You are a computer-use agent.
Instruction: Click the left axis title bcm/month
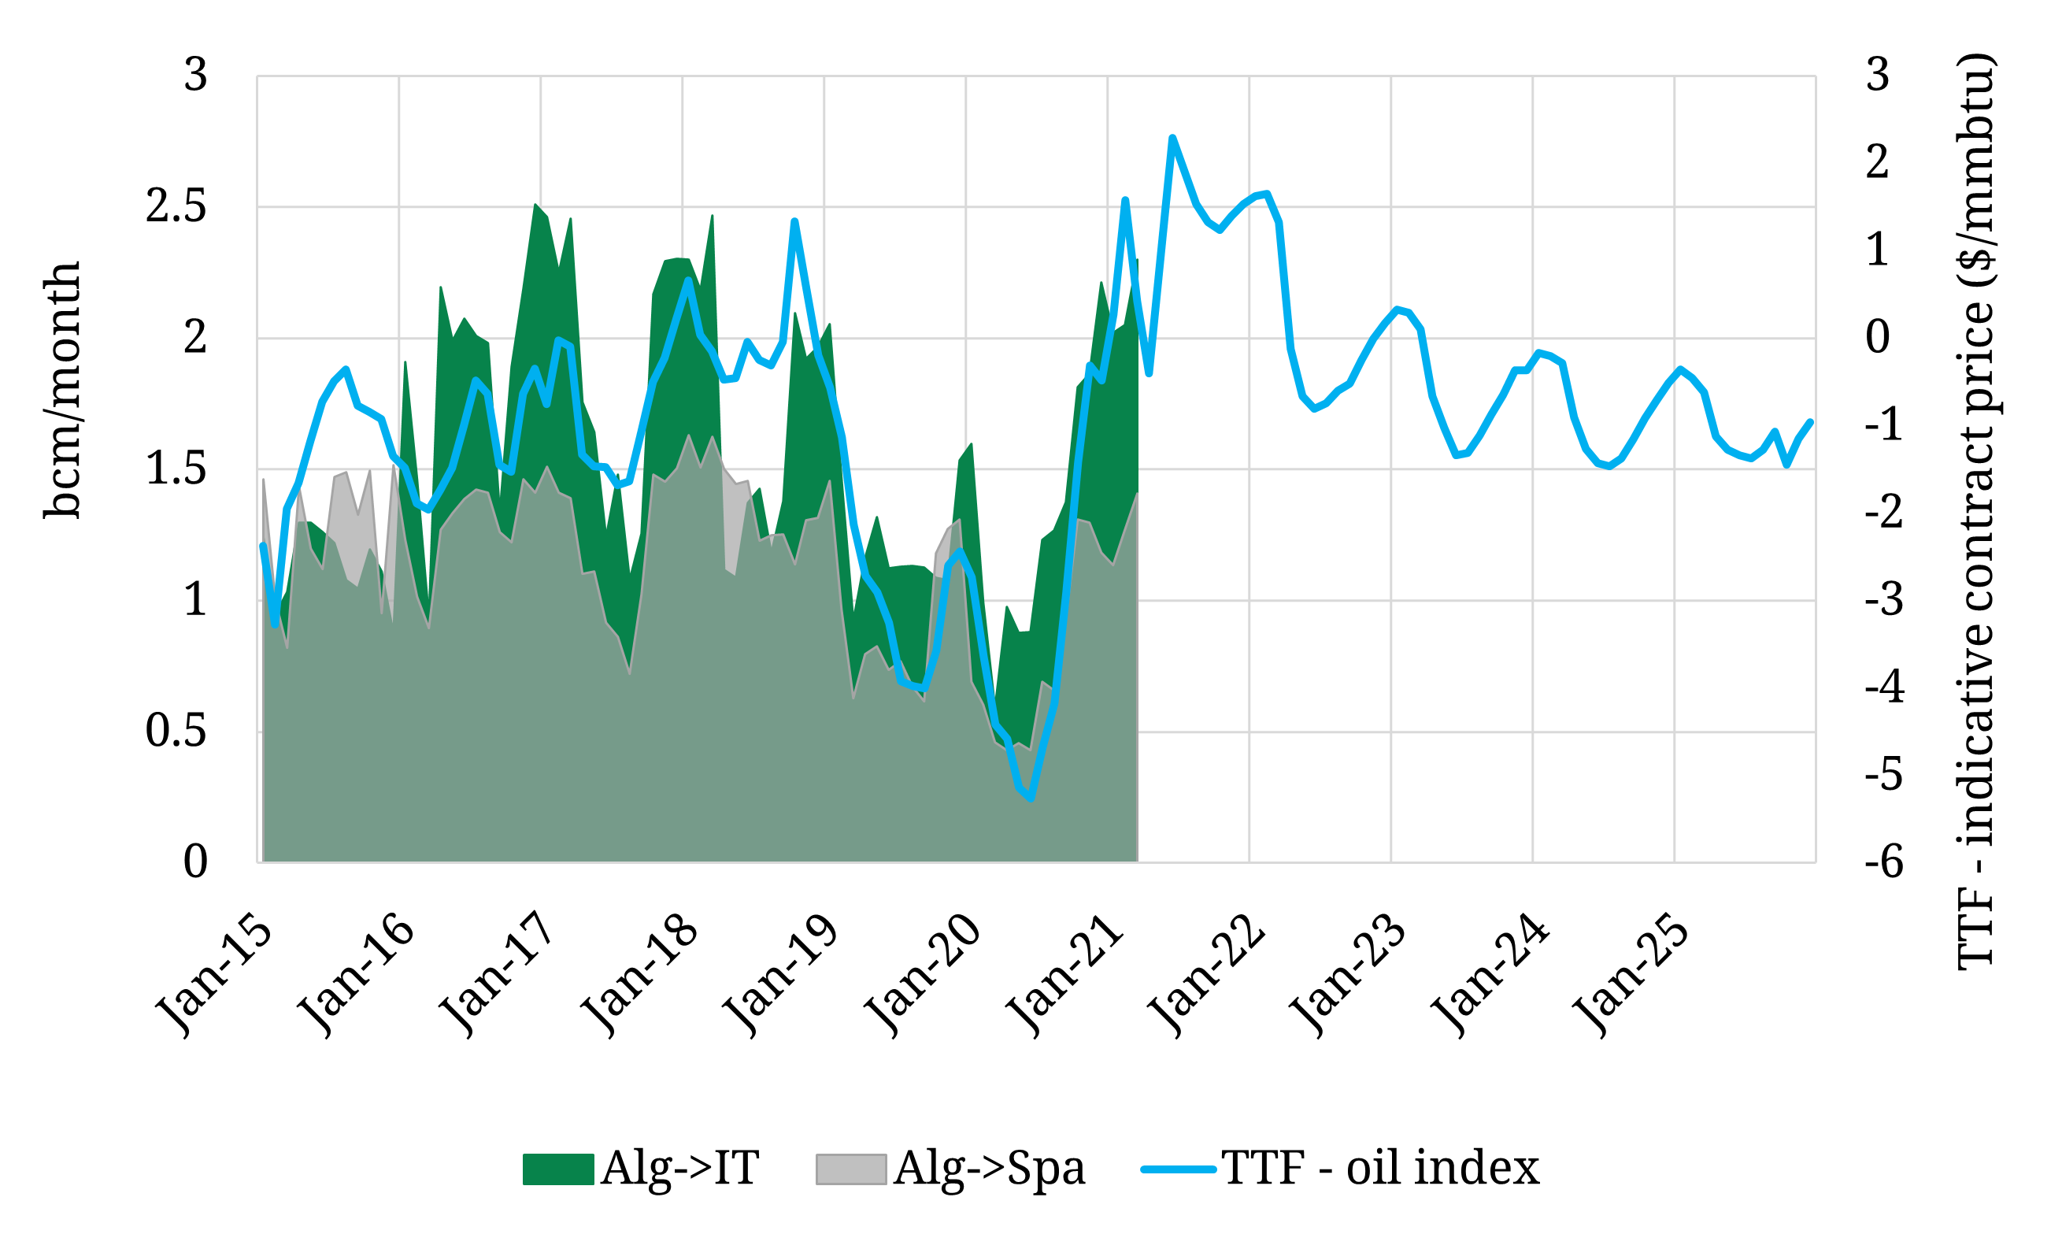[x=62, y=391]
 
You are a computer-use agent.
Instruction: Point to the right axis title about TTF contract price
[x=1975, y=511]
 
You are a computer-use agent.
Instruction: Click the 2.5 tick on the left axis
[x=176, y=206]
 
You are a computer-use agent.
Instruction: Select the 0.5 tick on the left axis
[x=176, y=731]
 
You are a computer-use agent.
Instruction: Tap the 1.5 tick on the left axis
[x=176, y=468]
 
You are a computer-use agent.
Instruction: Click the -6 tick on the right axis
[x=1884, y=862]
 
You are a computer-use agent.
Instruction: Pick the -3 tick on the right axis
[x=1884, y=599]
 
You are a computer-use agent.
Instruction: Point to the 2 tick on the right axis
[x=1877, y=161]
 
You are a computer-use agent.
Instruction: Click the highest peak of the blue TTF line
[x=1172, y=137]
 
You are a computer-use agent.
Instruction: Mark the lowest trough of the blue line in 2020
[x=1031, y=799]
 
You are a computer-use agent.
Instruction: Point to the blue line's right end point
[x=1810, y=421]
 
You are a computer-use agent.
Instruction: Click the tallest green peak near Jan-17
[x=535, y=205]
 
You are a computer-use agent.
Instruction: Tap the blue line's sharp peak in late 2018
[x=794, y=220]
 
